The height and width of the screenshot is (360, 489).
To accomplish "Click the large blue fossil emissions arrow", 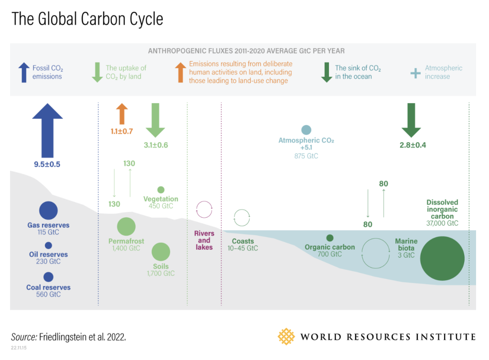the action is click(47, 131).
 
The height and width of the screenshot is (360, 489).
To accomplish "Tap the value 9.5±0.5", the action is click(47, 164).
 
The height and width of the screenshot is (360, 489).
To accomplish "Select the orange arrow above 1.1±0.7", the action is click(122, 114).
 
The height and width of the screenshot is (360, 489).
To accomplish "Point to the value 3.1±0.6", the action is click(156, 145).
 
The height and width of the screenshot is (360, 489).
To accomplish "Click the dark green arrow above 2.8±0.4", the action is click(411, 120).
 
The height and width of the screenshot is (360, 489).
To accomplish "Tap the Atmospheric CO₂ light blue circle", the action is click(306, 130).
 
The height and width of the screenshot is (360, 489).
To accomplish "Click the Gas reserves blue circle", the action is click(48, 211).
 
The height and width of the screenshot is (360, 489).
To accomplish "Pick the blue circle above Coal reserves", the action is click(48, 277).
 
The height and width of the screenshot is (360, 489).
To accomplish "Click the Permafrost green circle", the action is click(126, 227).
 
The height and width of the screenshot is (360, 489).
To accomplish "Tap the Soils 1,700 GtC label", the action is click(161, 270).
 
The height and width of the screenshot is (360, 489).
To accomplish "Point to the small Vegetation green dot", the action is click(161, 190).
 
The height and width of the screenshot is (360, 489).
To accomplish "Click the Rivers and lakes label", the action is click(204, 240).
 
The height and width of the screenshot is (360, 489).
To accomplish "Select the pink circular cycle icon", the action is click(204, 201).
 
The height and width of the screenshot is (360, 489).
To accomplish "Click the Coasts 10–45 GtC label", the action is click(243, 244).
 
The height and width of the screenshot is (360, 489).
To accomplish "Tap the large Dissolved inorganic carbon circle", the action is click(442, 258).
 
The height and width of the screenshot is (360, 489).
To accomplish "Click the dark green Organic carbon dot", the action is click(330, 238).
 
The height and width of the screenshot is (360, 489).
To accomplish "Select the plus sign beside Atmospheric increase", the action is click(415, 73).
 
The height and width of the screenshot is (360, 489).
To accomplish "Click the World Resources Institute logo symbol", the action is click(286, 337).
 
